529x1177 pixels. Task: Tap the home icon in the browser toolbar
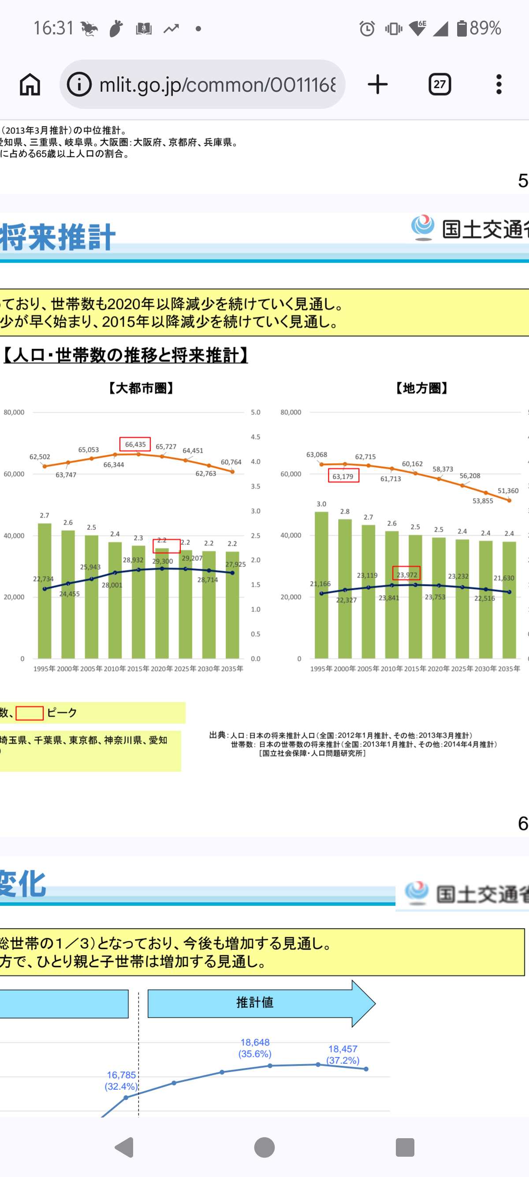pos(30,85)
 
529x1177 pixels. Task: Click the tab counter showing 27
pos(440,85)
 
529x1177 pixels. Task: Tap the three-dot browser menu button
pos(499,85)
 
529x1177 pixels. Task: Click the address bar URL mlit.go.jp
pos(217,85)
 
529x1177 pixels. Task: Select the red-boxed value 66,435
pos(135,444)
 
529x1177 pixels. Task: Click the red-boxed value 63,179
pos(343,476)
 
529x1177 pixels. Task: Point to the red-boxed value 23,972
pos(406,574)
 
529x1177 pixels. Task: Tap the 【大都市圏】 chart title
pos(141,388)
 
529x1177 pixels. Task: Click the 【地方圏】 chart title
pos(421,388)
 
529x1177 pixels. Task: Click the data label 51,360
pos(508,491)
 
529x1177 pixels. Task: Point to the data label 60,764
pos(231,462)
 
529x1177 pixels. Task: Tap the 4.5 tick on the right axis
pos(255,437)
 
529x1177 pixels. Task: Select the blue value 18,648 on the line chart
pos(255,1042)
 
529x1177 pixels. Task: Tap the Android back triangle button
pos(125,1147)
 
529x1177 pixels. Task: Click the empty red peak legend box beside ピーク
pos(30,713)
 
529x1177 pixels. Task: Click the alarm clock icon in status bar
pos(367,29)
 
